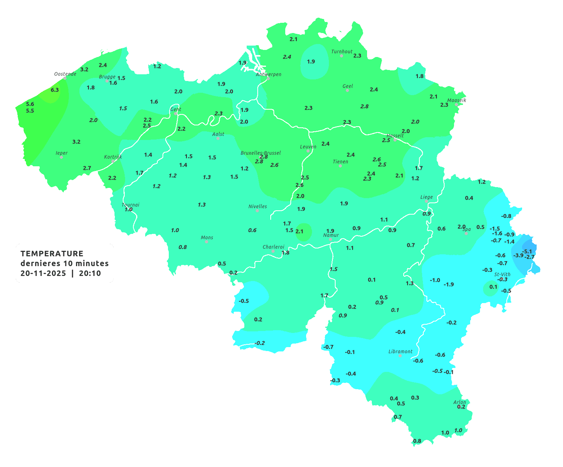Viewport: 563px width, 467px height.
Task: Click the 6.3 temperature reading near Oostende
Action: coord(55,90)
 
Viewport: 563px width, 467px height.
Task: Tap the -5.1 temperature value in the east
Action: coord(527,252)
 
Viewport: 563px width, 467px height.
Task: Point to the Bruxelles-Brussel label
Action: coord(261,153)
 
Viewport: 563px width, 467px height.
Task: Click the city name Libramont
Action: coord(401,351)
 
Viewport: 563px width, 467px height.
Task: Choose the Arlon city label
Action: coord(460,402)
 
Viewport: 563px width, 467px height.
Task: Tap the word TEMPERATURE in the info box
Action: coord(52,254)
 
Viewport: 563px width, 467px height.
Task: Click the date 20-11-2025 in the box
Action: coord(43,274)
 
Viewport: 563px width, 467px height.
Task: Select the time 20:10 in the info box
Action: coord(90,274)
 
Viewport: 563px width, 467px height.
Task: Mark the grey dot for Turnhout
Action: coord(341,56)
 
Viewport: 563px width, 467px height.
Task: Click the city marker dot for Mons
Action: coord(207,242)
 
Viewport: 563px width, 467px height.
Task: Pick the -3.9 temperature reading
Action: coord(519,256)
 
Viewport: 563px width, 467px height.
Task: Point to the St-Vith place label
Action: coord(502,274)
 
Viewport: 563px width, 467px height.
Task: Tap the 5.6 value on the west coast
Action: coord(30,104)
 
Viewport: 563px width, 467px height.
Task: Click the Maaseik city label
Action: coord(456,100)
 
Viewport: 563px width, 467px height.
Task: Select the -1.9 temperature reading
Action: coord(449,284)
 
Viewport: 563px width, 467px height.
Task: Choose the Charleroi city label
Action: coord(273,247)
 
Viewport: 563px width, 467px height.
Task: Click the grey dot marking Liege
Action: coord(426,201)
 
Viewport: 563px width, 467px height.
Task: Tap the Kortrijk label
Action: coord(113,157)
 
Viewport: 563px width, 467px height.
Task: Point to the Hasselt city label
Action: coord(395,136)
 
